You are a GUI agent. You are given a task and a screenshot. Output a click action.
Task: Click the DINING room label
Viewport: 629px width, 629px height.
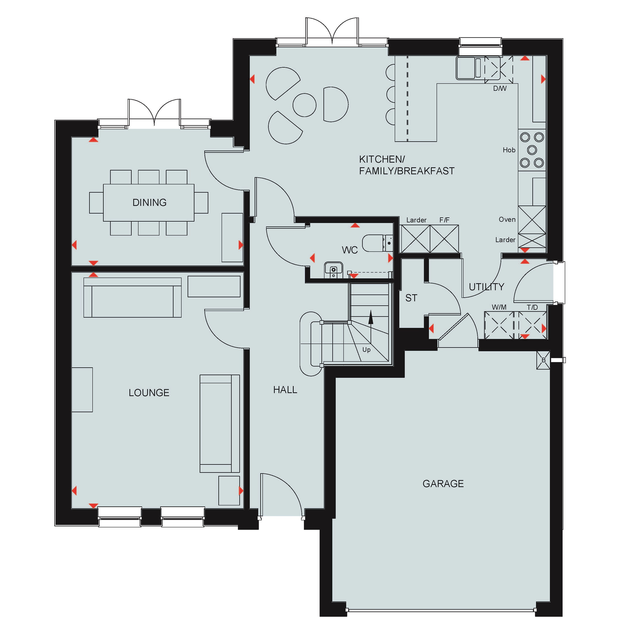click(150, 202)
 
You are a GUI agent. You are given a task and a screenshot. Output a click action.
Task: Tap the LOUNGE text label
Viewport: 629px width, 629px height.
click(149, 393)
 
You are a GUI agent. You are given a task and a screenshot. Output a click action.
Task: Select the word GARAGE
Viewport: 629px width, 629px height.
click(443, 483)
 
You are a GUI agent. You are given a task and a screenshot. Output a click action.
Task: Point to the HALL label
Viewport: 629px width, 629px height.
click(285, 390)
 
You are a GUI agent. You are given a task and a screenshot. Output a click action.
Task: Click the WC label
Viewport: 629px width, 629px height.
click(350, 250)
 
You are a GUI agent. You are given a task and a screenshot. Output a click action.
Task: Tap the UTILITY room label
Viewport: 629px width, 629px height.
click(486, 287)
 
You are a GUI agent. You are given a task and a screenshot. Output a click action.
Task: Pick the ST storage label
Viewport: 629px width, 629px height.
click(411, 298)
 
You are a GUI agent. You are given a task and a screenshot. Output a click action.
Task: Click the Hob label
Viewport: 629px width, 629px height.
click(509, 150)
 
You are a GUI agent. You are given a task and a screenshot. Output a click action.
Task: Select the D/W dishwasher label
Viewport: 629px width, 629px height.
click(500, 89)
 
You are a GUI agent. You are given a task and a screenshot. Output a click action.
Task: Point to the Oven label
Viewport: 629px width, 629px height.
click(507, 219)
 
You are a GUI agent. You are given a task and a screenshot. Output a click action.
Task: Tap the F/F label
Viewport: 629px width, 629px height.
click(444, 220)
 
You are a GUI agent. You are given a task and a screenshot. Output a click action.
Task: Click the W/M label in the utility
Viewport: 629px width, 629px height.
click(499, 307)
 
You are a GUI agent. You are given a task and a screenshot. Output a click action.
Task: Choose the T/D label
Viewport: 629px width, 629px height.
click(532, 307)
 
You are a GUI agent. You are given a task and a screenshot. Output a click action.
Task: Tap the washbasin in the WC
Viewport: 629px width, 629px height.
click(333, 270)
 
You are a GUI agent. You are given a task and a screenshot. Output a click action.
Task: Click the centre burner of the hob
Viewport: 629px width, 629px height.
click(532, 150)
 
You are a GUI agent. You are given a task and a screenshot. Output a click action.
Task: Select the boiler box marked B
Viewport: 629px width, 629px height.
click(543, 360)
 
